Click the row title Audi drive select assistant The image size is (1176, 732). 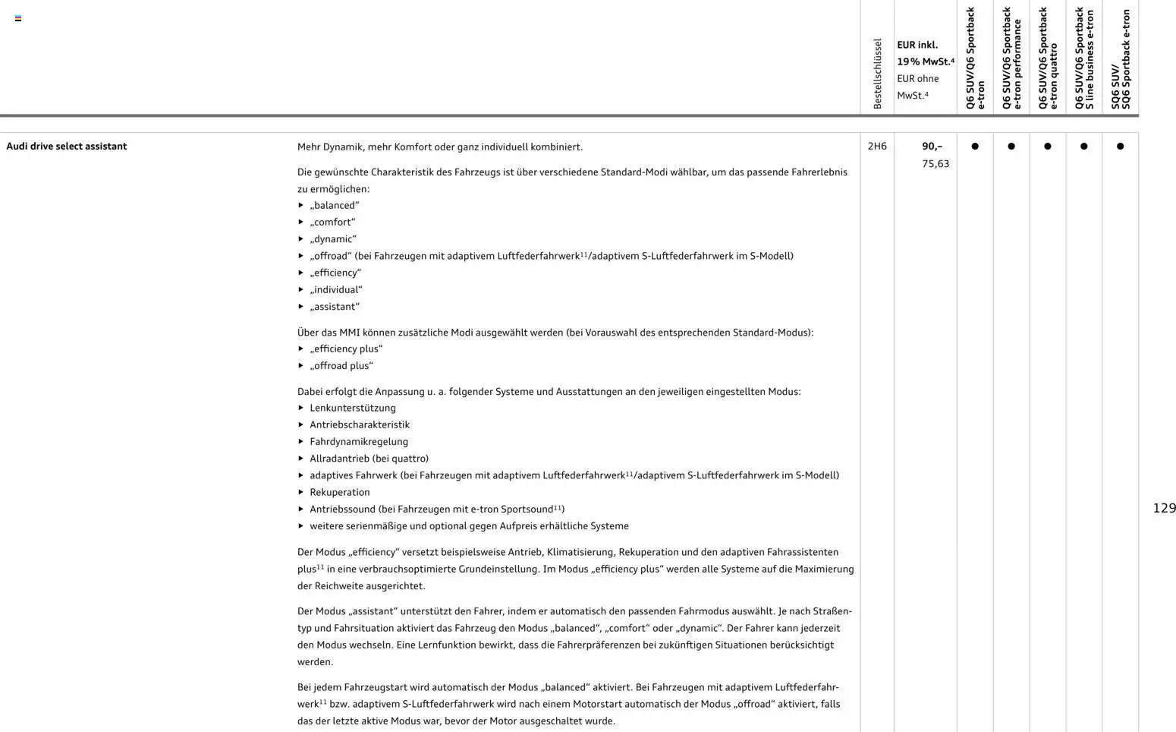(x=67, y=147)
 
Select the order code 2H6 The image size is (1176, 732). (x=877, y=147)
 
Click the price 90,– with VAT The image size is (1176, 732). (x=932, y=147)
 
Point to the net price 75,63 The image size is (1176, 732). (x=935, y=164)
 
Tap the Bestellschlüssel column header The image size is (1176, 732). (x=877, y=74)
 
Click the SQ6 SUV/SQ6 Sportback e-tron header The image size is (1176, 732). (x=1120, y=59)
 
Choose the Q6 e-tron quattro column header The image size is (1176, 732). (x=1047, y=59)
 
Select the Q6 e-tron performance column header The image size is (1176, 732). (x=1011, y=59)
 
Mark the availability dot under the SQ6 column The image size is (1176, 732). (x=1120, y=147)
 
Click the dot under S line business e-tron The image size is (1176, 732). (x=1083, y=147)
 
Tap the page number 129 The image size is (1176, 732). (x=1164, y=508)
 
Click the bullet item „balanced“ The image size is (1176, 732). (x=334, y=206)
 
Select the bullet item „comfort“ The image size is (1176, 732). (x=332, y=222)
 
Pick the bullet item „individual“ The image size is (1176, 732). (x=335, y=290)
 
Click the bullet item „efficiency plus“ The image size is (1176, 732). (x=346, y=349)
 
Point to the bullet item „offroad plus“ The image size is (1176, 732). (x=341, y=366)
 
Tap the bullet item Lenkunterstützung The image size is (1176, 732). (x=352, y=409)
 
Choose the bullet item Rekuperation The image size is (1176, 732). (x=339, y=493)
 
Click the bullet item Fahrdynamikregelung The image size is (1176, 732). (x=358, y=442)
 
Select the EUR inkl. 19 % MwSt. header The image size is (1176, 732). (x=925, y=53)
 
